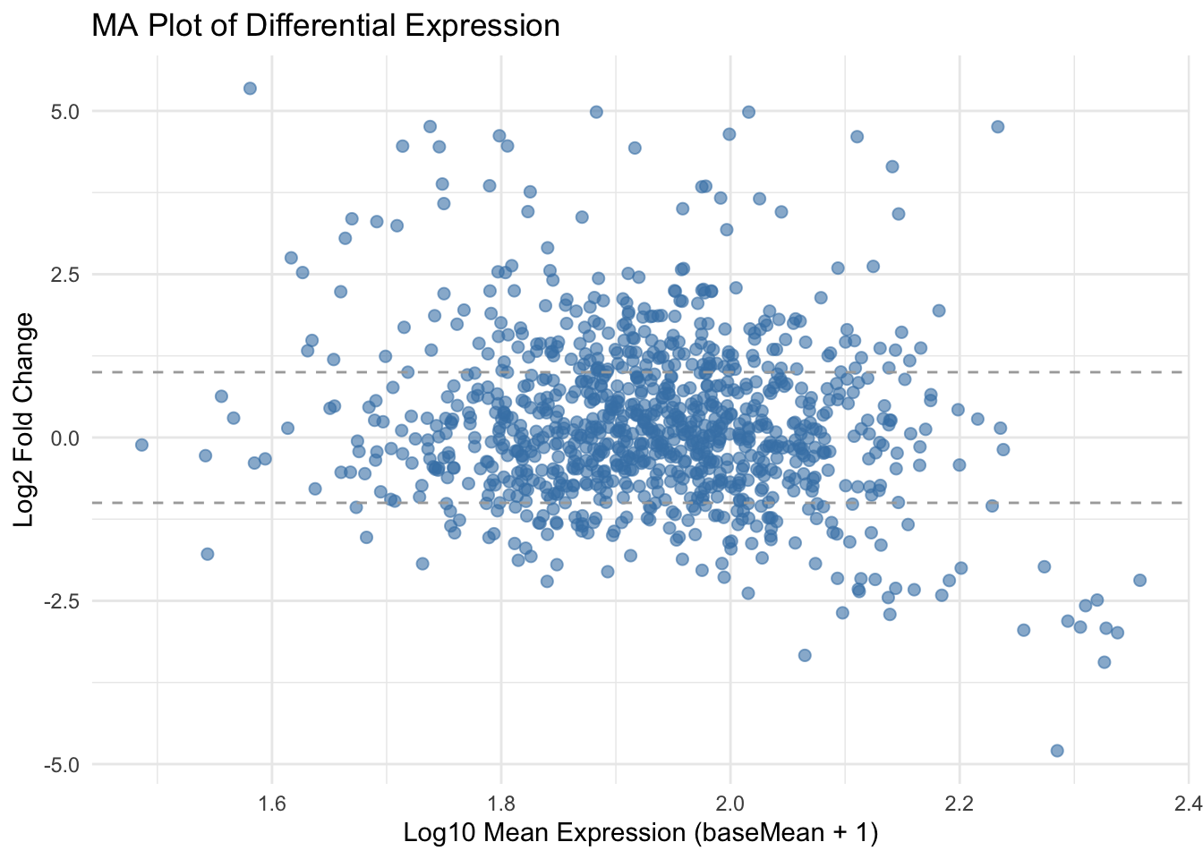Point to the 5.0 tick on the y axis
coord(66,112)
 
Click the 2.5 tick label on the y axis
coord(66,275)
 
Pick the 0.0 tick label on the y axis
coord(66,438)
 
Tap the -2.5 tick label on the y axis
coord(63,601)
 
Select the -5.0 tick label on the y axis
coord(63,765)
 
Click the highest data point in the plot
coord(250,88)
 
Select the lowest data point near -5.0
coord(1057,750)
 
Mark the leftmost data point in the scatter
coord(141,445)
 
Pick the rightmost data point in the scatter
coord(1139,580)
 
